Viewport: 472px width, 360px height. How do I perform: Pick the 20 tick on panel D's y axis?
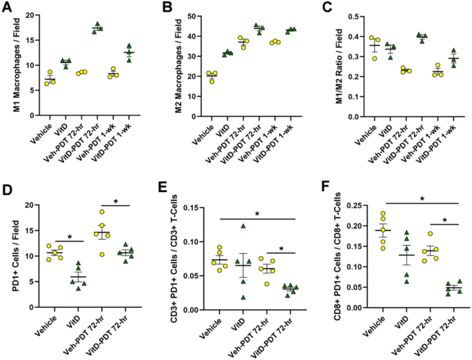coord(28,204)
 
